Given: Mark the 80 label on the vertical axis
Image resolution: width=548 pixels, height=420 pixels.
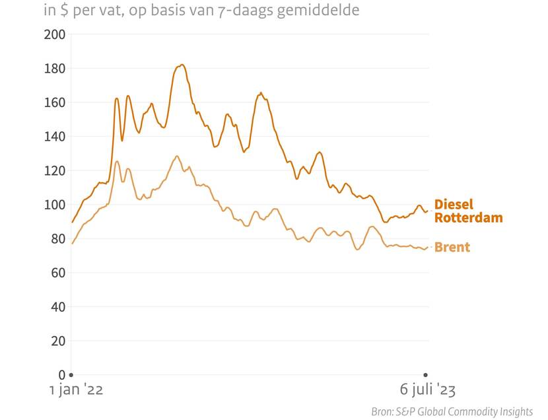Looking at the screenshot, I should pos(57,239).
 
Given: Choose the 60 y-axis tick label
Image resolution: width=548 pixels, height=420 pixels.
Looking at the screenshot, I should pos(57,273).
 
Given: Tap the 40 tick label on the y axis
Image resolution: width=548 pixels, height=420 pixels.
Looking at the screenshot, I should pos(57,307).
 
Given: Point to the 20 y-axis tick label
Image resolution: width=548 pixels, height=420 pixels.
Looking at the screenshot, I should pos(57,341).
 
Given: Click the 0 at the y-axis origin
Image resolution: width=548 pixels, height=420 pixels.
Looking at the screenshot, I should pos(61,375).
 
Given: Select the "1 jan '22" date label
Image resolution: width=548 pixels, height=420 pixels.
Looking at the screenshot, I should pos(77,390).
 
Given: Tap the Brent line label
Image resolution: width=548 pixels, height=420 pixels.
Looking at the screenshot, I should pos(452,248).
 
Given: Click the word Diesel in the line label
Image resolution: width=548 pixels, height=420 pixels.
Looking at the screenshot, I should pos(454,205).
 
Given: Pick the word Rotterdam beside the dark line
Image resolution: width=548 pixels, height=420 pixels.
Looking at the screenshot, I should pos(468,218).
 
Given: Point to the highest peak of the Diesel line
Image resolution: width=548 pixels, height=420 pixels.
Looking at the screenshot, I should pos(182,65).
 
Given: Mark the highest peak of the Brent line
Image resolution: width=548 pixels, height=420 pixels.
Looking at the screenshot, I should pos(176,156).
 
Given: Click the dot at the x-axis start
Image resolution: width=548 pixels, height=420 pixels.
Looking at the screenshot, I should pos(71,375).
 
